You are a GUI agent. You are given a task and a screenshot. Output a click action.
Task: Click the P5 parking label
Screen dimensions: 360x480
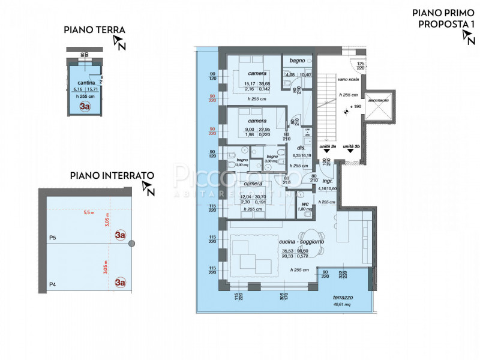tap(52, 238)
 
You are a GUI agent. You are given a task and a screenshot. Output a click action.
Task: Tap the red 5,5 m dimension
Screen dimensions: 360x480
tap(89, 212)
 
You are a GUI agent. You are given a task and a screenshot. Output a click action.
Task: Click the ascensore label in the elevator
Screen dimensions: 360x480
tap(379, 100)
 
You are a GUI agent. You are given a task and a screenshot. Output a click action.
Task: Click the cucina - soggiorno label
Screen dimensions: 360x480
tap(302, 241)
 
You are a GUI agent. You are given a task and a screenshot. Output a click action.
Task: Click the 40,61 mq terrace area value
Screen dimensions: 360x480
tap(343, 304)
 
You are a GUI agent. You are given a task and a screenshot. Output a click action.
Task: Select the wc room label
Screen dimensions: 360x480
tap(305, 203)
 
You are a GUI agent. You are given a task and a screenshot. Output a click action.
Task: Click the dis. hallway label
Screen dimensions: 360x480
tap(302, 148)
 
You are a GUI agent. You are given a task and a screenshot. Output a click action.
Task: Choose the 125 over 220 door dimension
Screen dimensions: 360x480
tap(361, 66)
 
